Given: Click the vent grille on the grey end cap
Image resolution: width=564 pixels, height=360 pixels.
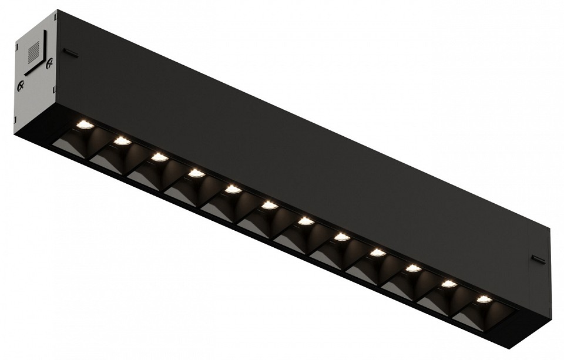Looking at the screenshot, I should pyautogui.click(x=35, y=51).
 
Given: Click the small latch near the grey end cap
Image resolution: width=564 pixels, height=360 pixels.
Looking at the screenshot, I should pyautogui.click(x=70, y=53).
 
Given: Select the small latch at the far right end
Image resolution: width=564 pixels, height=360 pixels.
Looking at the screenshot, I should pyautogui.click(x=538, y=258).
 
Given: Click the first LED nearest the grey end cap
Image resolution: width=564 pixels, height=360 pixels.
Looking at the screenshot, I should pyautogui.click(x=85, y=124).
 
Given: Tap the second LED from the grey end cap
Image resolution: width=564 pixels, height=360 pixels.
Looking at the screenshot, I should pyautogui.click(x=122, y=140).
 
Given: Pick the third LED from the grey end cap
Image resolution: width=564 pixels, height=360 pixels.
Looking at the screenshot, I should pyautogui.click(x=159, y=157).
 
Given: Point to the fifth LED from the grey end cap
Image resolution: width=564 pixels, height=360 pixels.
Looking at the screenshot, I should pyautogui.click(x=233, y=189).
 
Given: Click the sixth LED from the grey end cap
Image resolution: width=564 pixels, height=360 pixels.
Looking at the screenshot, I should pyautogui.click(x=269, y=205).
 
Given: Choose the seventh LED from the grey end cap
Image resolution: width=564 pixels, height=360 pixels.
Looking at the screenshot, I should pyautogui.click(x=305, y=221).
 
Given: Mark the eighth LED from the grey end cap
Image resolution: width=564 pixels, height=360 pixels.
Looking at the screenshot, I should pyautogui.click(x=341, y=237).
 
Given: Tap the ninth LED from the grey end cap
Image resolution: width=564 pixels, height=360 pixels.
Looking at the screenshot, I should pyautogui.click(x=377, y=253).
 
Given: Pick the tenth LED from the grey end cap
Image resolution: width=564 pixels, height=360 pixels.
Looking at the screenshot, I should pyautogui.click(x=413, y=268).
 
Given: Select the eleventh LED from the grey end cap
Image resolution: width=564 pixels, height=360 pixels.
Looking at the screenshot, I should pyautogui.click(x=449, y=284).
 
